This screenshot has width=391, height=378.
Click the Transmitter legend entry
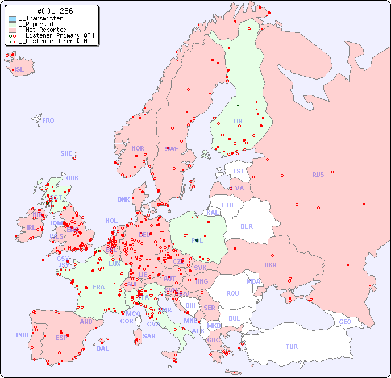pyautogui.click(x=43, y=18)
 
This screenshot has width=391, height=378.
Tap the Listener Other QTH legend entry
pyautogui.click(x=52, y=41)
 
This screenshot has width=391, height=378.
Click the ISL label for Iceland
pyautogui.click(x=19, y=70)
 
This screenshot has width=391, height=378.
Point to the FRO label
pyautogui.click(x=48, y=121)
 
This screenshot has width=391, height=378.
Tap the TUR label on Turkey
pyautogui.click(x=292, y=347)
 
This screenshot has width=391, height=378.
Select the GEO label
pyautogui.click(x=345, y=322)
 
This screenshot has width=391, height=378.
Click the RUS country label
pyautogui.click(x=318, y=175)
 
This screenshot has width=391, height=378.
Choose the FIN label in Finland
pyautogui.click(x=238, y=121)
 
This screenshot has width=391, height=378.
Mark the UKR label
pyautogui.click(x=271, y=265)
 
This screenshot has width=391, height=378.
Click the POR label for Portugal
pyautogui.click(x=22, y=335)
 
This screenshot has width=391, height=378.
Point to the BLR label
pyautogui.click(x=246, y=226)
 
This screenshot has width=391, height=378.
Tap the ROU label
pyautogui.click(x=232, y=293)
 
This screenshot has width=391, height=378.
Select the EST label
pyautogui.click(x=239, y=171)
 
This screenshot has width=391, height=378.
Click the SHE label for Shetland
pyautogui.click(x=66, y=153)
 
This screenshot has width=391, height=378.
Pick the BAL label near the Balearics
pyautogui.click(x=103, y=348)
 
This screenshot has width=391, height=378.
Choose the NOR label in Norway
pyautogui.click(x=138, y=148)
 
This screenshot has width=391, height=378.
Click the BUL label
pyautogui.click(x=234, y=318)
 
